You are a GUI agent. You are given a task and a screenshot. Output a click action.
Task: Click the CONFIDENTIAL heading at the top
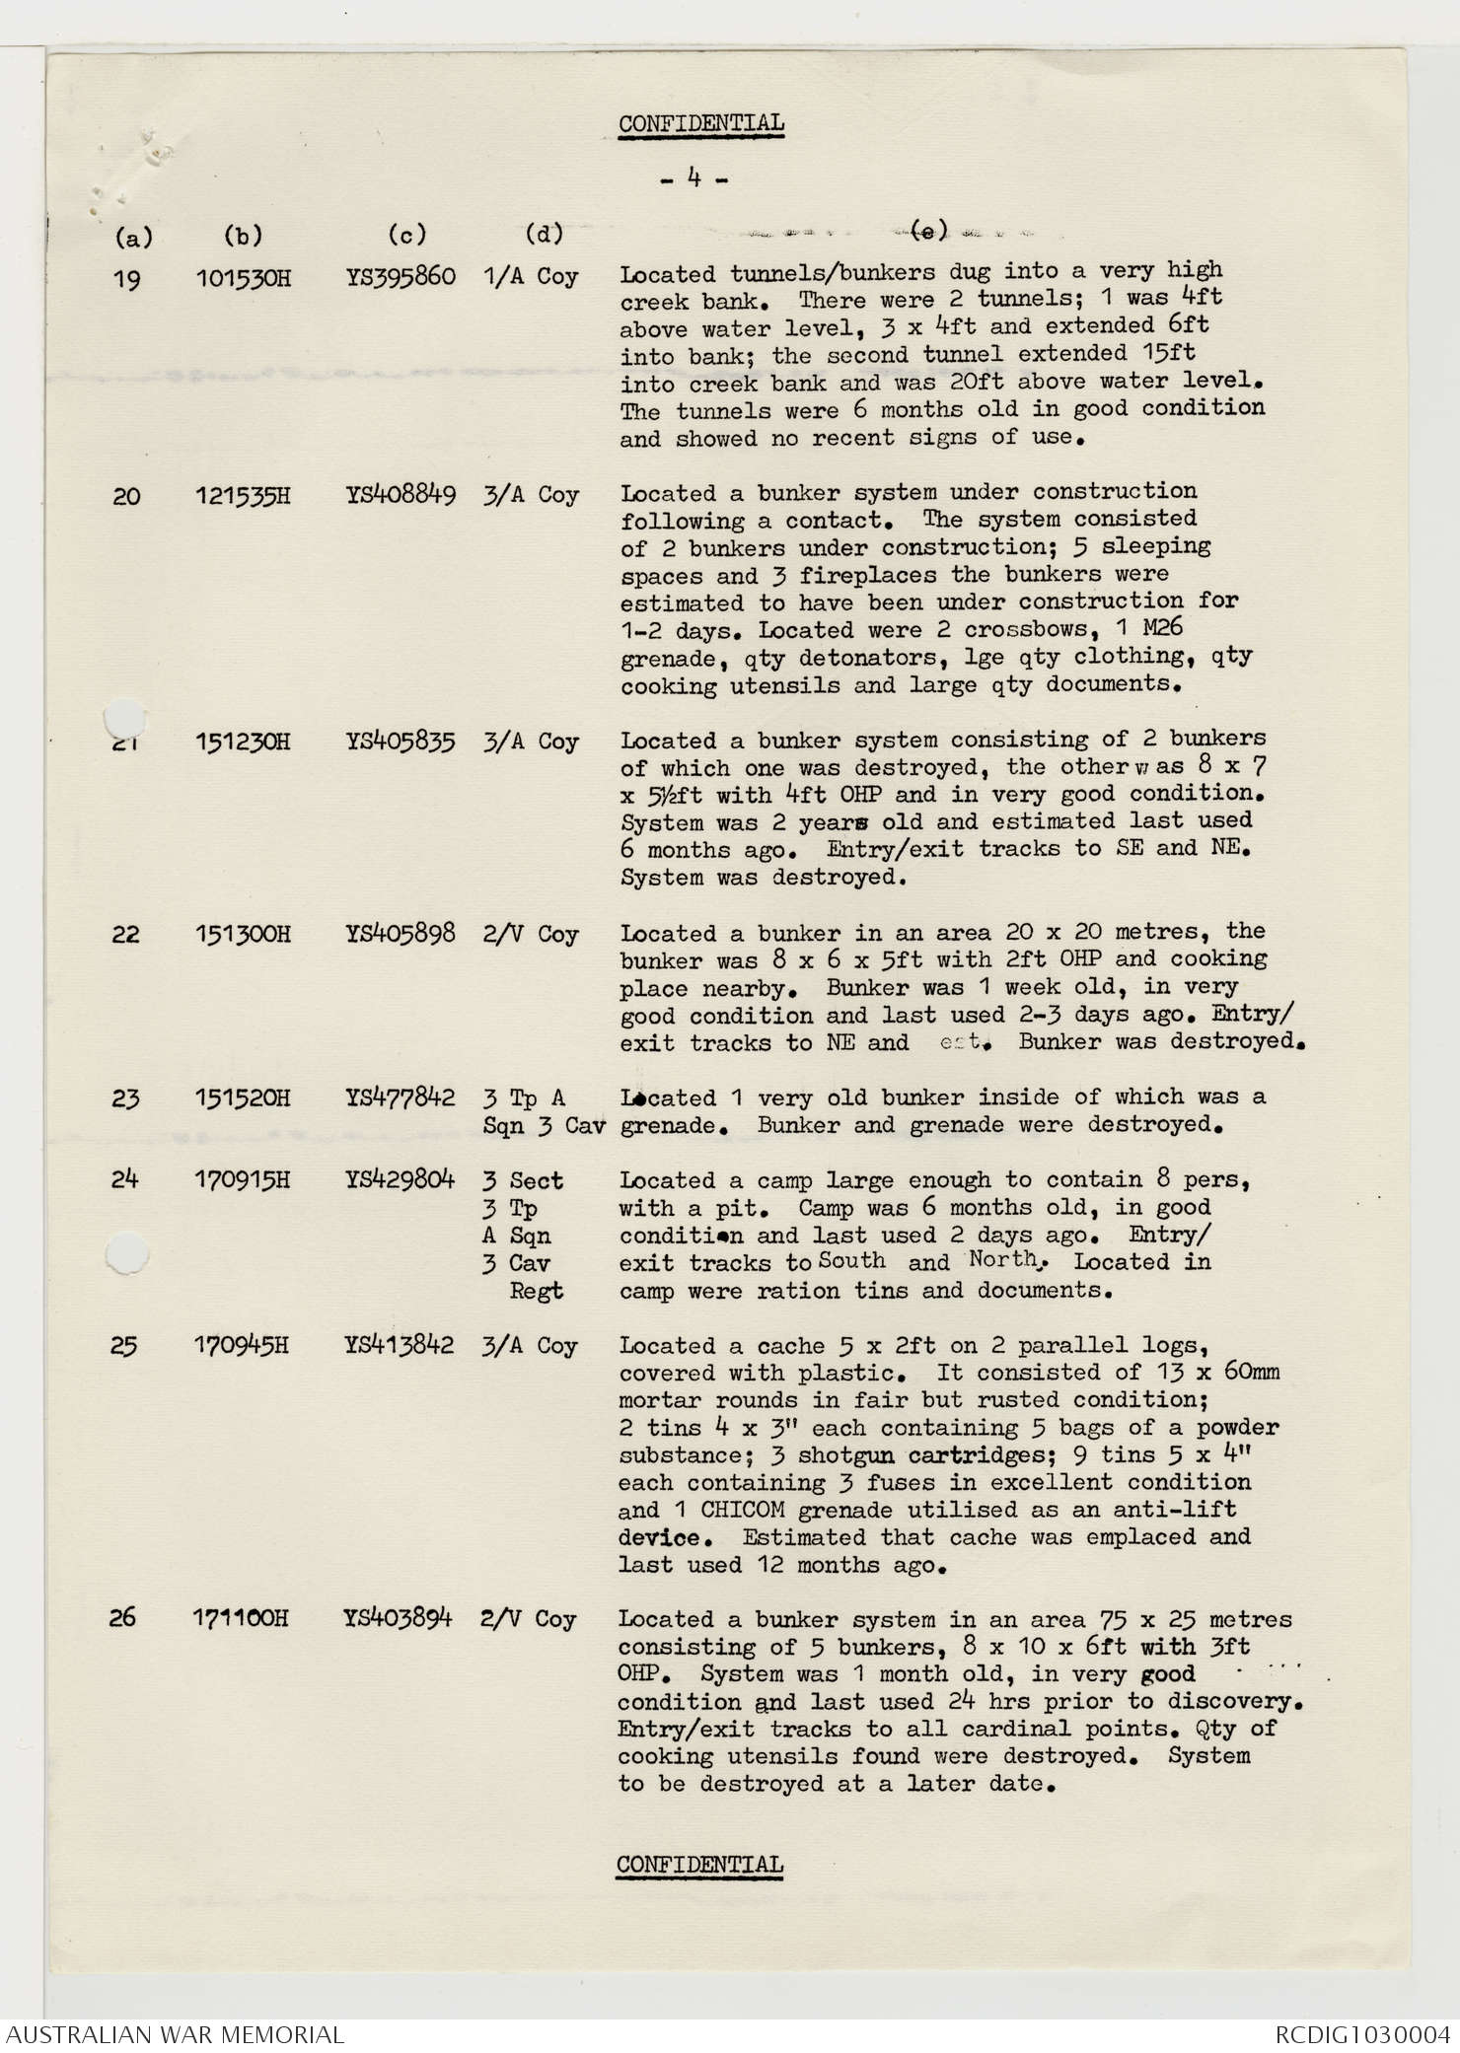point(701,124)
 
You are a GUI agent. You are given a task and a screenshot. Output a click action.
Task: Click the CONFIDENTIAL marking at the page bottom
point(699,1865)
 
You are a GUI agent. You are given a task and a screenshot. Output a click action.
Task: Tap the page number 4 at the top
point(694,179)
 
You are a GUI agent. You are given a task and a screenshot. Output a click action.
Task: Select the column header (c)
point(406,235)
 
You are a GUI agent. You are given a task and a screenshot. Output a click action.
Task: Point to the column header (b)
point(243,236)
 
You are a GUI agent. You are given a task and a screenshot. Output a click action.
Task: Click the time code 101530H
point(243,278)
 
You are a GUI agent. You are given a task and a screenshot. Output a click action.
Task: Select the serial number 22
point(125,934)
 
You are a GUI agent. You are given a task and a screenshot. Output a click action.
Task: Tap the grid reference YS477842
point(400,1097)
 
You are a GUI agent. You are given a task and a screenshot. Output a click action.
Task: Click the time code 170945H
point(242,1346)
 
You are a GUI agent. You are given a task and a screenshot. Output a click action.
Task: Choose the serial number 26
point(123,1618)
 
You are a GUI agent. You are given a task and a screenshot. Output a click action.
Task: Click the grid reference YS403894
point(398,1618)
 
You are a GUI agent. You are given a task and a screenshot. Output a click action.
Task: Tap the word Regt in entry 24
point(536,1291)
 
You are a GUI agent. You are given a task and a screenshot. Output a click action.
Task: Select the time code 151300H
point(243,934)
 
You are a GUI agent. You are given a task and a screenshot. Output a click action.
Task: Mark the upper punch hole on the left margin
point(125,716)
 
